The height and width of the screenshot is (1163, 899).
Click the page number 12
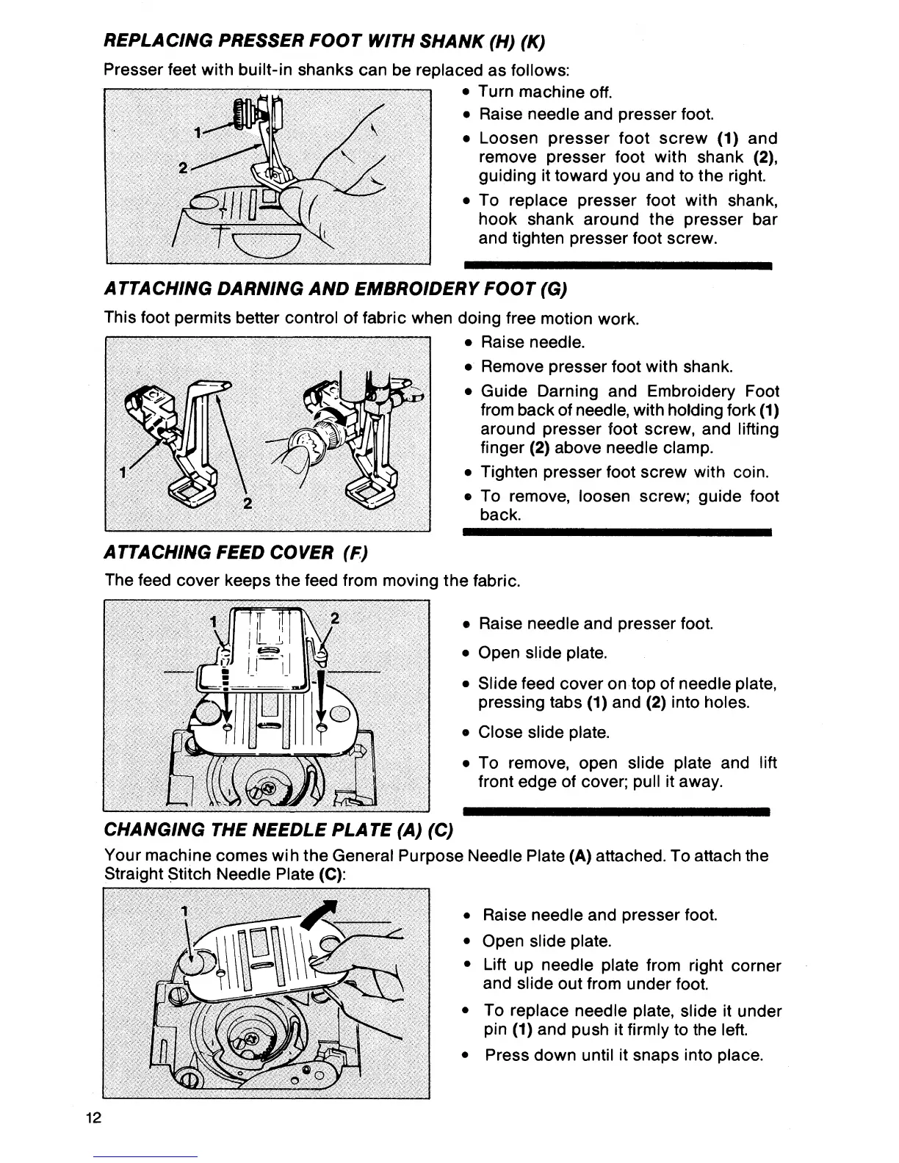pyautogui.click(x=93, y=1118)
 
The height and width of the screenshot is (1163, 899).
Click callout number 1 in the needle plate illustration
pyautogui.click(x=185, y=910)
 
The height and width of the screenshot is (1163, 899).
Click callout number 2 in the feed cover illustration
pyautogui.click(x=334, y=618)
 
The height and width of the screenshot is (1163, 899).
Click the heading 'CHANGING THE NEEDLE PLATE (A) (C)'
pyautogui.click(x=280, y=830)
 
